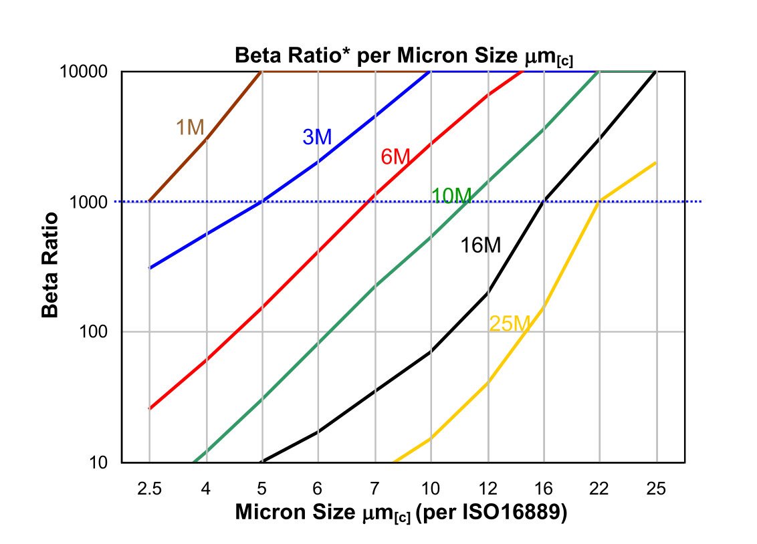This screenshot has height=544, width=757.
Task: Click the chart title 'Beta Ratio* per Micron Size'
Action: [404, 55]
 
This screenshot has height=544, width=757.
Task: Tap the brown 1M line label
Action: [190, 127]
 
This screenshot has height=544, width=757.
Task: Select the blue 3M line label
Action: [317, 137]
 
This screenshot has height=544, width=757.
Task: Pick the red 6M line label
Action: [395, 157]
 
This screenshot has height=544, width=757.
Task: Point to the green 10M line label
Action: [451, 196]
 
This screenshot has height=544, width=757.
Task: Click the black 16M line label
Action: [480, 245]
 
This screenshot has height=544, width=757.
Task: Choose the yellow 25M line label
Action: [510, 324]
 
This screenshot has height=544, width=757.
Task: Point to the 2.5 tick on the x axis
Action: [149, 488]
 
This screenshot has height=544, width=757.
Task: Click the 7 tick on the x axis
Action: [374, 488]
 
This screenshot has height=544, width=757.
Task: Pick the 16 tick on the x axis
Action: [543, 488]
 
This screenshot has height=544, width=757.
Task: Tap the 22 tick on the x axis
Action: [599, 488]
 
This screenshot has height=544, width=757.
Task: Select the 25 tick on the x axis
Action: [656, 488]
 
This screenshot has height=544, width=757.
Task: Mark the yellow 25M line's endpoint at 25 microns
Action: [656, 162]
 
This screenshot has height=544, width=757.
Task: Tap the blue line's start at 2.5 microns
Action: [149, 268]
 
